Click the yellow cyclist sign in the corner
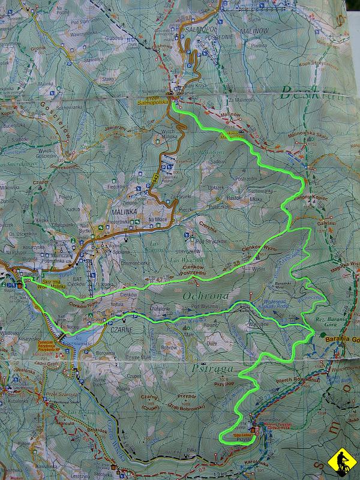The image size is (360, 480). [x=341, y=462]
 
